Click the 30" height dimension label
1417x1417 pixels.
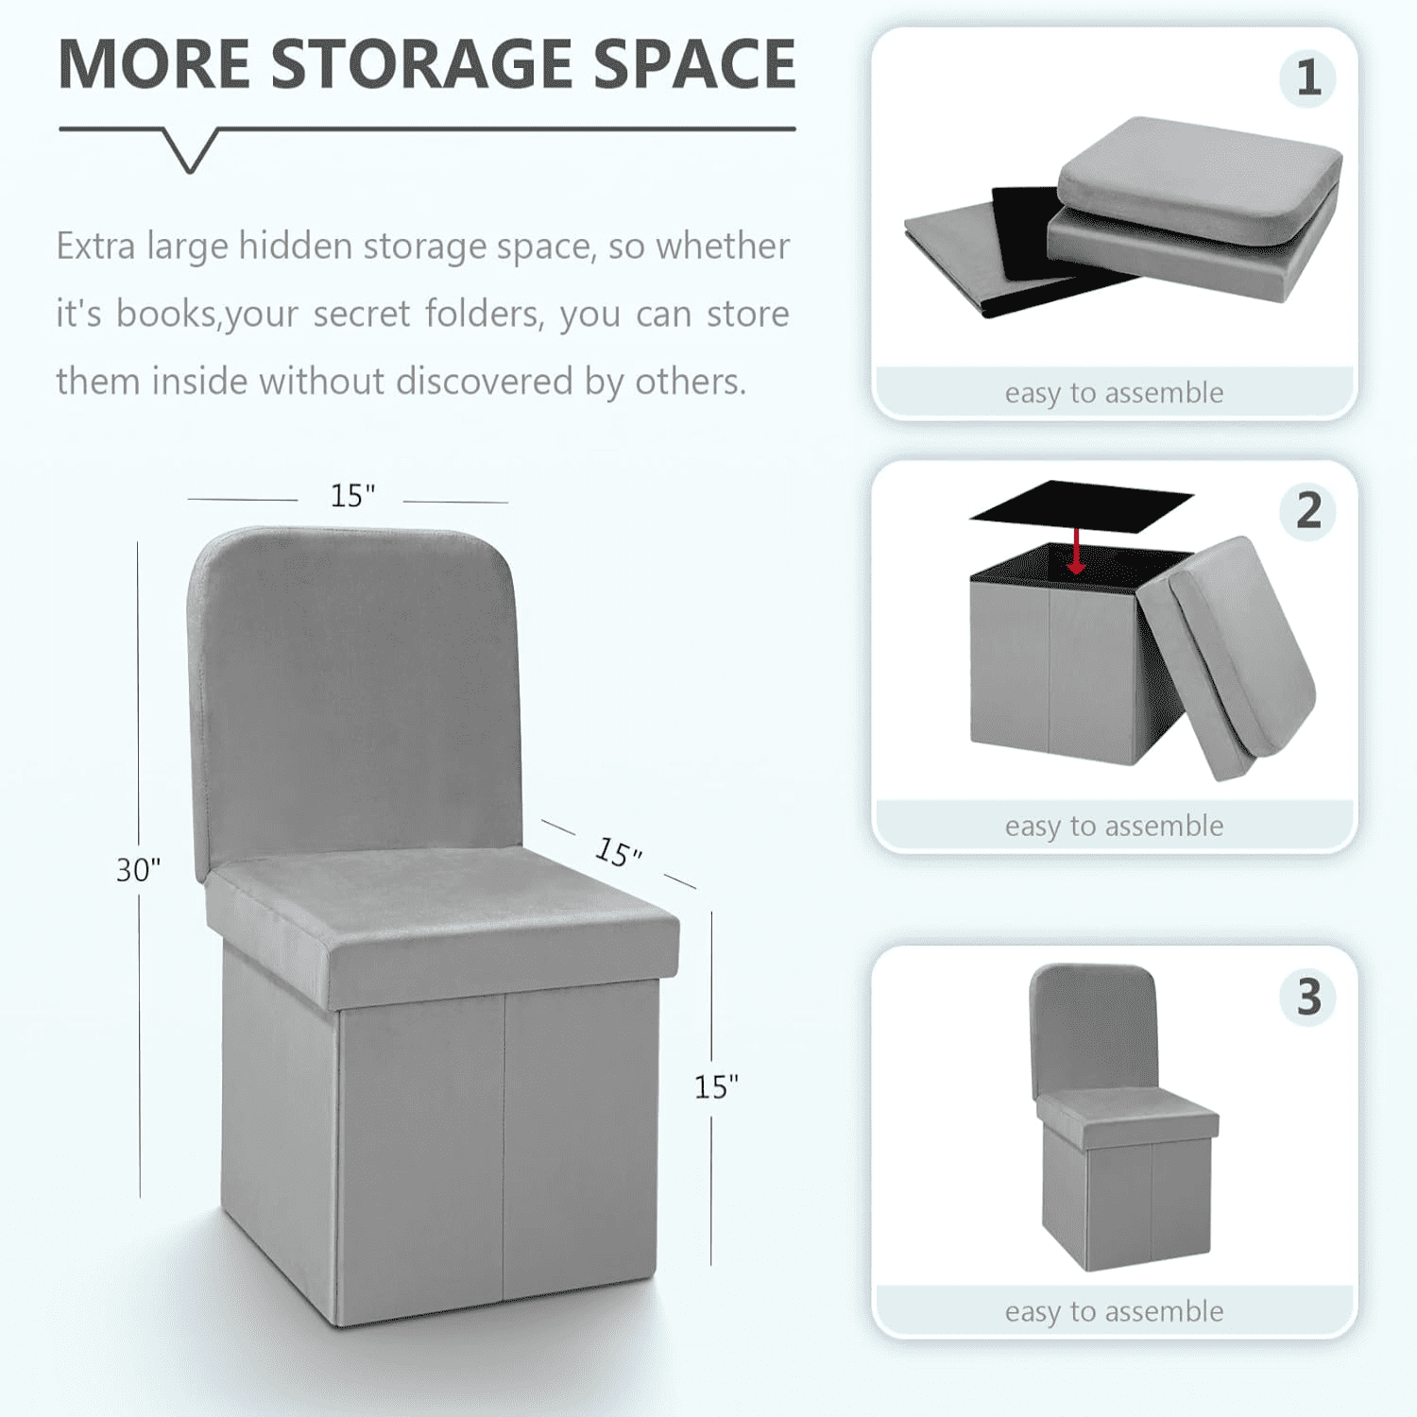click(138, 870)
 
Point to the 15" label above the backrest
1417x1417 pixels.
click(352, 495)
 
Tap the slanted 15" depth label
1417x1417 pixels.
click(619, 852)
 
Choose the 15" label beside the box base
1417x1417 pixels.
click(716, 1087)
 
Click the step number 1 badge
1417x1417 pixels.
click(1307, 78)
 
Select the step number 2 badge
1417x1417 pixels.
click(1307, 511)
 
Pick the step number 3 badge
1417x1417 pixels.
click(1307, 998)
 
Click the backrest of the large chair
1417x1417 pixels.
click(354, 690)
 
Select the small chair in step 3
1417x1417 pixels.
click(1119, 1124)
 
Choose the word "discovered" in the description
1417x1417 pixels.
click(484, 382)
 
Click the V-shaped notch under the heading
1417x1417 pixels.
click(190, 151)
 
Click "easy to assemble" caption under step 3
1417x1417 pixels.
click(1114, 1311)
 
